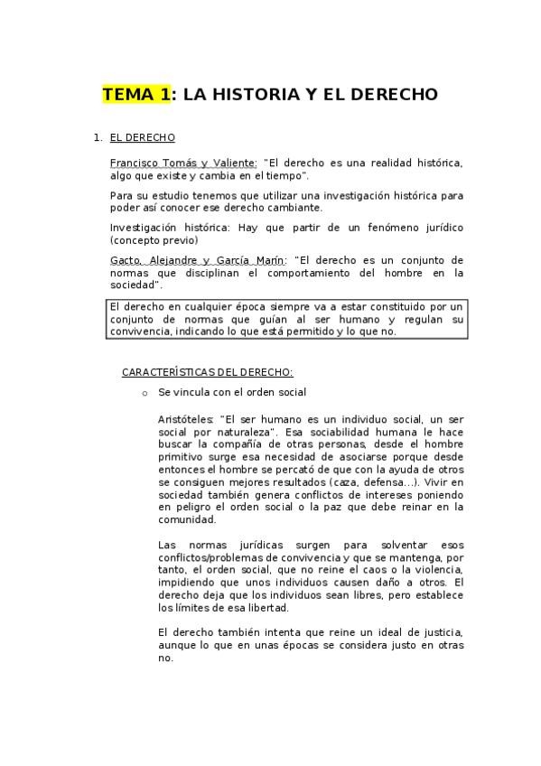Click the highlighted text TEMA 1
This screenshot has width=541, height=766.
(x=136, y=94)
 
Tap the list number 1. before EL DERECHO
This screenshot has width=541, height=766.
(x=98, y=138)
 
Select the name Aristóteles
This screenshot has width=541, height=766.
(x=186, y=419)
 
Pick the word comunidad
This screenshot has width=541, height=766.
(x=187, y=520)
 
